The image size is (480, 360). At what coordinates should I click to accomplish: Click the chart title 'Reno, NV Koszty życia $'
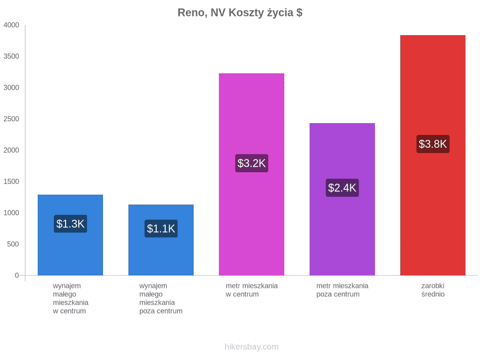(240, 13)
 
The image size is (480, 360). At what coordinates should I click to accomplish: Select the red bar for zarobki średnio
(433, 155)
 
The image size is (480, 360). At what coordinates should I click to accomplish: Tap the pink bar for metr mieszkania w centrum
(251, 174)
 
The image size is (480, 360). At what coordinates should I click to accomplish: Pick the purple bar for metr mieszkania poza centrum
(342, 199)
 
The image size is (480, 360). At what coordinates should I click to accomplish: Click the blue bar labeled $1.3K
(70, 235)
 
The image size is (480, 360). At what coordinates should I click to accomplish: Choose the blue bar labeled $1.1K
(161, 240)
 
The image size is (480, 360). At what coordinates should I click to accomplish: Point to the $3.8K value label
(433, 144)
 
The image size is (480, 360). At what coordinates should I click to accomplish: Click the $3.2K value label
(251, 163)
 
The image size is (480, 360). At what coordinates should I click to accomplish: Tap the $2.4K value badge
(342, 188)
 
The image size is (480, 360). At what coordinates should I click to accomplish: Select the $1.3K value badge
(70, 224)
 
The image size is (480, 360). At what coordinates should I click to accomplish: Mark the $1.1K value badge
(161, 228)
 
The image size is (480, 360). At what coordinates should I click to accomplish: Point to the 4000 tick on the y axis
(11, 25)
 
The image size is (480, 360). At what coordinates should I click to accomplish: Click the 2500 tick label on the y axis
(11, 119)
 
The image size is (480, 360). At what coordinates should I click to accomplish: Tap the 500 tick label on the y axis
(13, 244)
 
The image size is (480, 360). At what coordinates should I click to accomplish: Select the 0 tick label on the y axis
(17, 275)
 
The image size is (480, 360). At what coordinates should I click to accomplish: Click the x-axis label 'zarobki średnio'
(433, 290)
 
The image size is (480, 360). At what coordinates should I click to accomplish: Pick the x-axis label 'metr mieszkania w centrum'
(251, 290)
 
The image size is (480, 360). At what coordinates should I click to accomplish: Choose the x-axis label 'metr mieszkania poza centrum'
(342, 290)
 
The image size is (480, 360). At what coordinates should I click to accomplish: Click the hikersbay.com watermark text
(251, 347)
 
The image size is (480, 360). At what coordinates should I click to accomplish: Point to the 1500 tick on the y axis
(11, 181)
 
